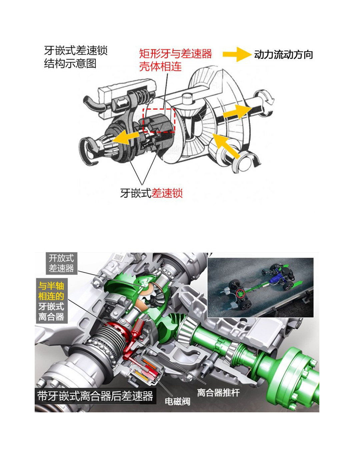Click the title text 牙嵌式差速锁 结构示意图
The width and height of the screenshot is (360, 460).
(x=76, y=57)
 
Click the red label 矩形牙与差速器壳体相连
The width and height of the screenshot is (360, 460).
(x=175, y=60)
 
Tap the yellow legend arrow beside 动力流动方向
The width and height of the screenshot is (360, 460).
(x=237, y=54)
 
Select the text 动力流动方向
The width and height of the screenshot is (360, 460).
(x=283, y=55)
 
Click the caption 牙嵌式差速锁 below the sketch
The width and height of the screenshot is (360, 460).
(x=151, y=193)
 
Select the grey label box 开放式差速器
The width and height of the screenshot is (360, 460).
(x=61, y=264)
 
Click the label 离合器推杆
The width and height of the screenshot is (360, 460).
(x=218, y=393)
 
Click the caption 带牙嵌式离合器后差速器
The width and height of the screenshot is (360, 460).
(x=95, y=396)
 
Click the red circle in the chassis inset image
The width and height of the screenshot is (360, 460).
(x=240, y=294)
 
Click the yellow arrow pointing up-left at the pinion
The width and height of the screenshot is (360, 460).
(x=225, y=146)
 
